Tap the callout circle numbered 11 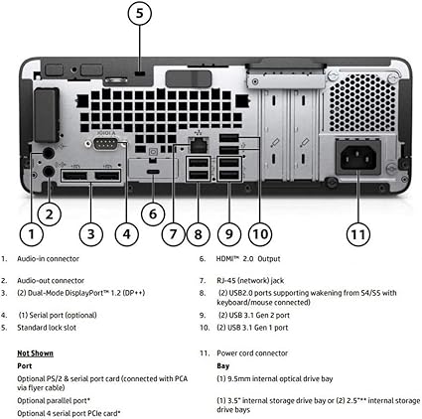tap(358, 234)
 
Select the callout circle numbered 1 tap(32, 234)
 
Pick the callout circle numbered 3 tap(90, 234)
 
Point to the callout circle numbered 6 tap(151, 211)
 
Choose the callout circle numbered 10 tap(258, 234)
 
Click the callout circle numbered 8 tap(200, 234)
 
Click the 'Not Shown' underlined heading tap(37, 352)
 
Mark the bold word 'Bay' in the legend tap(223, 365)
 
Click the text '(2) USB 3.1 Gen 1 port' tap(255, 326)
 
